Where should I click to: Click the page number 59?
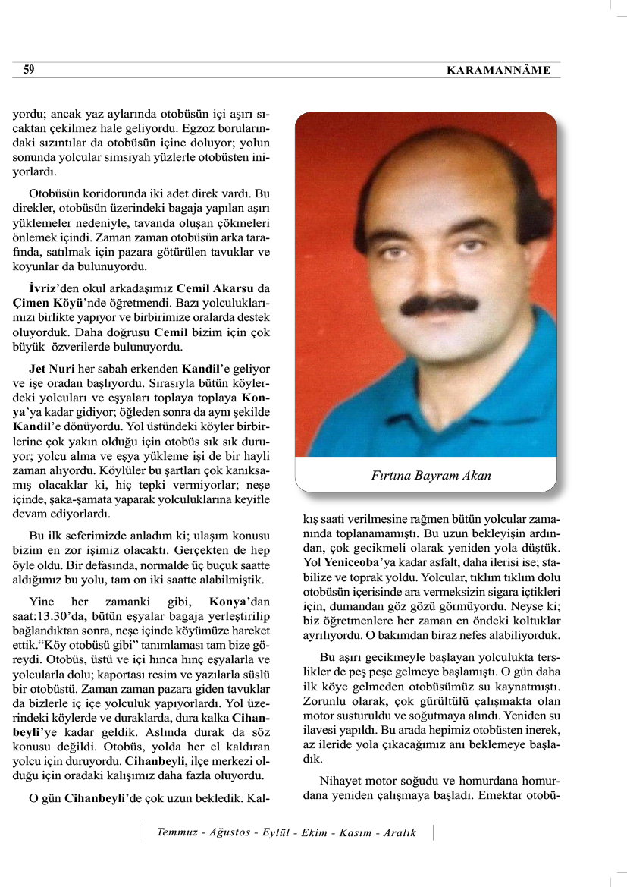click(29, 70)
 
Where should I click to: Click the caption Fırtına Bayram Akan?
click(431, 477)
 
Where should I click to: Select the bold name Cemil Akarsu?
click(216, 289)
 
